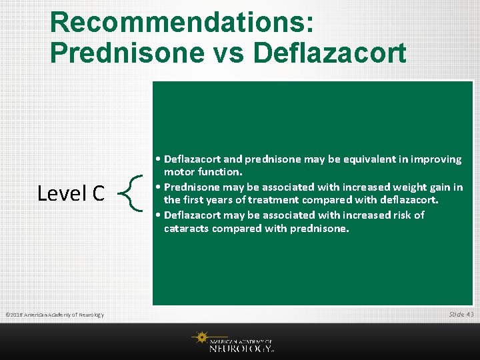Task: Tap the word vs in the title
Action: [227, 52]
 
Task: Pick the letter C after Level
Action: [97, 193]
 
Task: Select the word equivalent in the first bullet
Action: [374, 159]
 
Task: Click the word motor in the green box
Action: [179, 173]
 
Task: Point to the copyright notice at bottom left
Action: [54, 315]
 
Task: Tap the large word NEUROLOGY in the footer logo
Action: [240, 347]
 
